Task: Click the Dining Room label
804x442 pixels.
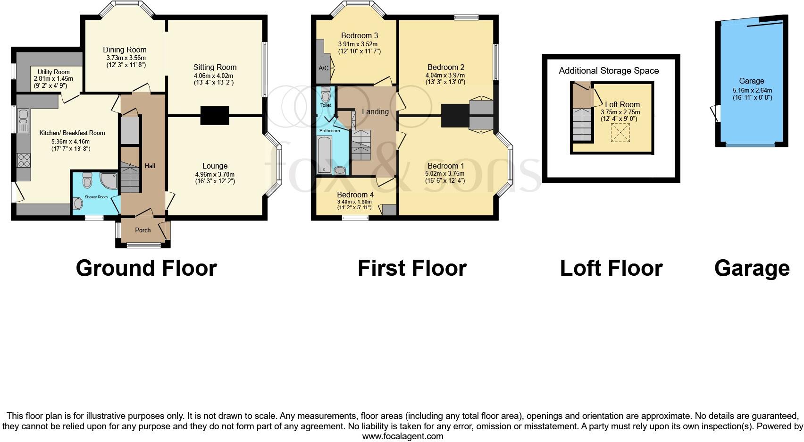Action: coord(125,50)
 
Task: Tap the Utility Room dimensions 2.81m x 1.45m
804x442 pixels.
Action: coord(53,79)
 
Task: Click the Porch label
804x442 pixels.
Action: coord(143,230)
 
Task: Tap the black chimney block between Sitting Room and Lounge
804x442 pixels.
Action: coord(215,115)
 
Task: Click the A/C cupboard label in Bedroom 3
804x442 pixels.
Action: coord(324,68)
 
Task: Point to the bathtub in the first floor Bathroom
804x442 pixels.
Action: coord(325,155)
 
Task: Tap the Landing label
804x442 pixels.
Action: coord(375,111)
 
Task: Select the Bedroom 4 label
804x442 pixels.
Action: coord(355,195)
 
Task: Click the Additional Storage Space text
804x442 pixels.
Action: coord(609,71)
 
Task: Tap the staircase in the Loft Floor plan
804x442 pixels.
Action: coord(582,124)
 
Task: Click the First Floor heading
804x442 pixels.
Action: coord(412,268)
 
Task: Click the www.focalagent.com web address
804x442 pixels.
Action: coord(402,436)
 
